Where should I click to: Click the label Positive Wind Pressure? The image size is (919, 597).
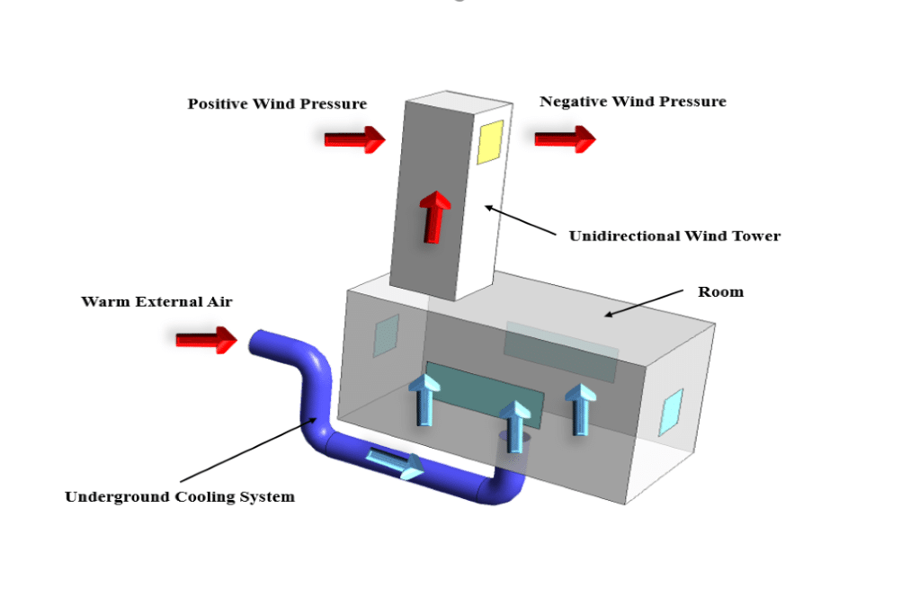[x=277, y=104]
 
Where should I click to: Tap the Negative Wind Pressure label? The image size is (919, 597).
[x=632, y=102]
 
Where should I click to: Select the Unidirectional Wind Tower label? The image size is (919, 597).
[x=674, y=236]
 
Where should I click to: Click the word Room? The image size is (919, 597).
[x=720, y=292]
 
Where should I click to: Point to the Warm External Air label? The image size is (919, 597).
[x=156, y=302]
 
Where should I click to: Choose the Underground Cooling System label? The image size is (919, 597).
[x=179, y=496]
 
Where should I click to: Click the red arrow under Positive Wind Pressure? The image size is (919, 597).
[x=354, y=139]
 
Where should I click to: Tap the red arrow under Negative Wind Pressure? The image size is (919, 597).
[x=565, y=138]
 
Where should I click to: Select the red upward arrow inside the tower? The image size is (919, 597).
[x=436, y=216]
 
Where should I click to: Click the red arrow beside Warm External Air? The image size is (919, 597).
[x=206, y=339]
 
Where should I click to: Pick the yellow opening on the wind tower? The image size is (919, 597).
[x=489, y=142]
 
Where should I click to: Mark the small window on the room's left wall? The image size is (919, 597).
[x=386, y=335]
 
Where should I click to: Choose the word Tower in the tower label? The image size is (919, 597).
[x=756, y=236]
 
